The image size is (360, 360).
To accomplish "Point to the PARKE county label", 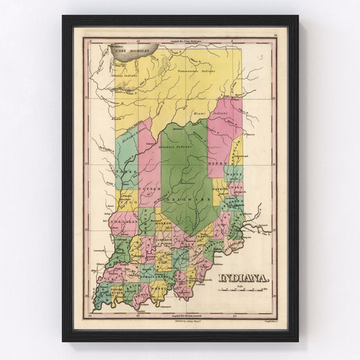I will click(x=126, y=172).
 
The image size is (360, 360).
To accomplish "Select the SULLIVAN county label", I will click(x=120, y=221).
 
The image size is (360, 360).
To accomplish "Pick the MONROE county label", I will click(x=164, y=223).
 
